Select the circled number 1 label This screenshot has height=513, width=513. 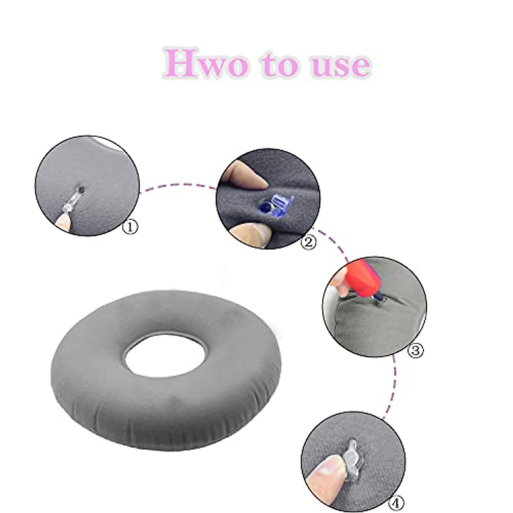(x=131, y=226)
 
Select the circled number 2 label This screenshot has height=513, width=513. (x=309, y=242)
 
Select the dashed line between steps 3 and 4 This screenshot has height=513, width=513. (x=394, y=385)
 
